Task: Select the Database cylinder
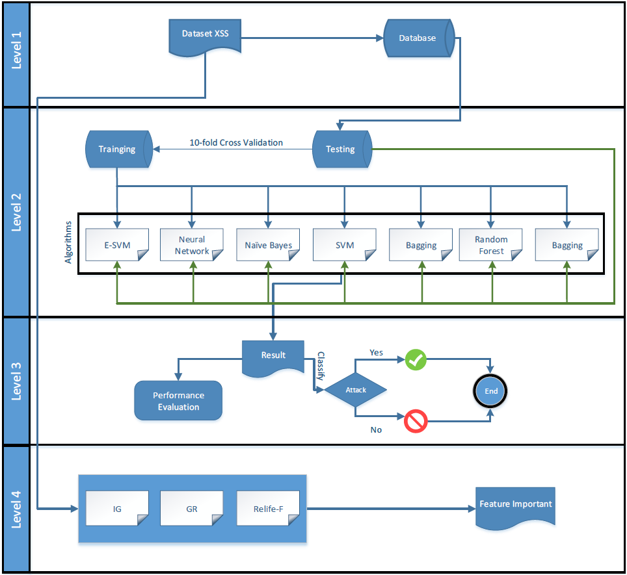419,38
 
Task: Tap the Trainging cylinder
119,149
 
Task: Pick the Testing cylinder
342,149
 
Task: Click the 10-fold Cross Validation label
236,142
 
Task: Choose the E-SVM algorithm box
117,245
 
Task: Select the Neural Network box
191,245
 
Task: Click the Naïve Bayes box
268,245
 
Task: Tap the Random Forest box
490,245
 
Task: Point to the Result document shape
273,358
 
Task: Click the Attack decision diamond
356,390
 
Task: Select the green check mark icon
416,360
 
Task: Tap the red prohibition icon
416,421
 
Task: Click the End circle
490,391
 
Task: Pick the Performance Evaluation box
178,400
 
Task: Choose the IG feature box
117,508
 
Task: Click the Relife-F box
268,508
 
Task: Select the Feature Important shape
515,507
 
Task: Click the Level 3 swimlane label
16,381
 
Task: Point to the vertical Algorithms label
68,242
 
